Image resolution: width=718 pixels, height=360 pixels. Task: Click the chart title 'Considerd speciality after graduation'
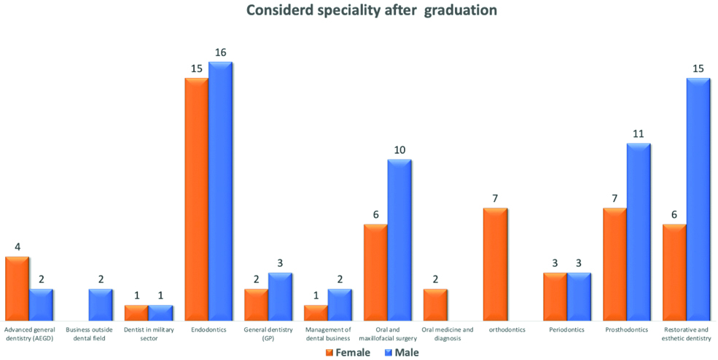372,11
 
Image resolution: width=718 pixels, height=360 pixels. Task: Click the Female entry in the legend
347,353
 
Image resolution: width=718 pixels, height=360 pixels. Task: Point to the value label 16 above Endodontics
220,52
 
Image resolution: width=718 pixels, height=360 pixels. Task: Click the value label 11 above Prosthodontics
639,134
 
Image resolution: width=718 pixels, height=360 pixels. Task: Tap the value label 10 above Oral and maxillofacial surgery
399,150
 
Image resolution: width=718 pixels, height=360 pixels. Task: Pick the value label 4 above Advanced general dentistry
17,247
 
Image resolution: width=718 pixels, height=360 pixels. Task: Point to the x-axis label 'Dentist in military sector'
149,334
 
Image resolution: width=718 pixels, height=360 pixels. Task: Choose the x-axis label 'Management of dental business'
328,334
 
